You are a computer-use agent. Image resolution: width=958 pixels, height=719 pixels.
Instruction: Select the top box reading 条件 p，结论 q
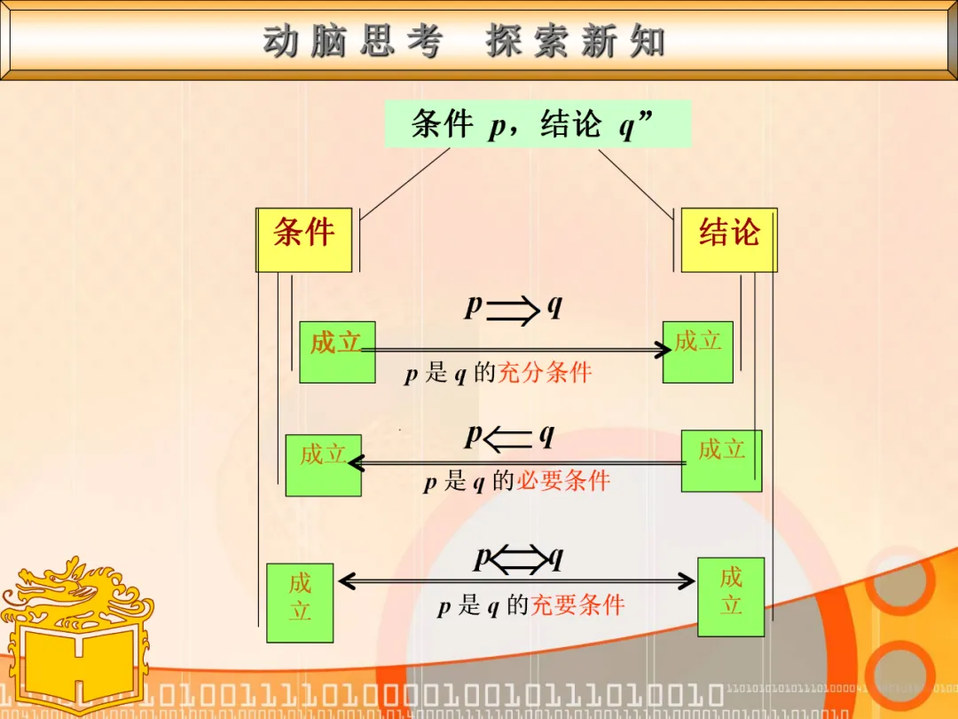point(537,124)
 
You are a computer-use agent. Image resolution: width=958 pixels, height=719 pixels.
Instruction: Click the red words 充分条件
point(544,373)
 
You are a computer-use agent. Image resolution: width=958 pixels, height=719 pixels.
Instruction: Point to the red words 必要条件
point(563,482)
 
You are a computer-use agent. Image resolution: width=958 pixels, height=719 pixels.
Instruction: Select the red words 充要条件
point(577,606)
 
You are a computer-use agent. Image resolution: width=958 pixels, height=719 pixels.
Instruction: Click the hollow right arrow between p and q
point(514,310)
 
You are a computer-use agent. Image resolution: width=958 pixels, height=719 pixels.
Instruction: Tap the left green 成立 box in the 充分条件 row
point(337,352)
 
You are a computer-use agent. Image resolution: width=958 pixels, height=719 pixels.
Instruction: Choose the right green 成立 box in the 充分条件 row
point(698,352)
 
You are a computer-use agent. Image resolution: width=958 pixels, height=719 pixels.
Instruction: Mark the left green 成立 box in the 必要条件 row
point(323,465)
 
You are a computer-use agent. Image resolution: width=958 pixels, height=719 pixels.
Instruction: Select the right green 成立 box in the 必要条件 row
point(721,460)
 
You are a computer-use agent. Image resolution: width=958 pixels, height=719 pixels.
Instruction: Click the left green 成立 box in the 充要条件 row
point(300,603)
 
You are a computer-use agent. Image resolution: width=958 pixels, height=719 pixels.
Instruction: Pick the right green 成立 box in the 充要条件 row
point(731,597)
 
